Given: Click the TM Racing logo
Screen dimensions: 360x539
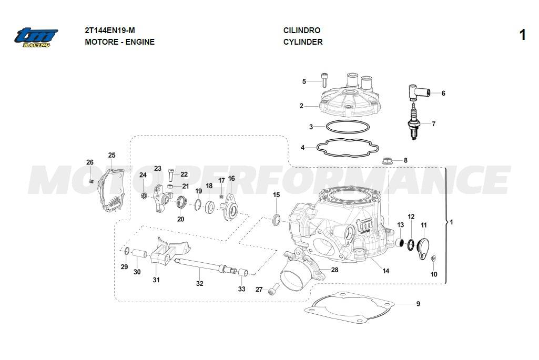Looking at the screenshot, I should pyautogui.click(x=36, y=37).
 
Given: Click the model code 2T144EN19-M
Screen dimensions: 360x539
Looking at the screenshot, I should pyautogui.click(x=113, y=30).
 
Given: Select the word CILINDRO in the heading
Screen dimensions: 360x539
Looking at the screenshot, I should pyautogui.click(x=301, y=30).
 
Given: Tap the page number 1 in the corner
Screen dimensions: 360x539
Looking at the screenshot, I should pyautogui.click(x=522, y=35).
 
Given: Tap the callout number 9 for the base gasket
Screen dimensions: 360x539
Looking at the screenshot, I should pyautogui.click(x=418, y=304).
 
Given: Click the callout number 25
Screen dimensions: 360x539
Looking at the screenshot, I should pyautogui.click(x=111, y=155).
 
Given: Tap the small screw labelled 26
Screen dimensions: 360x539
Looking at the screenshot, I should pyautogui.click(x=91, y=181).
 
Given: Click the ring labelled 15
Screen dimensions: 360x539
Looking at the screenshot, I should pyautogui.click(x=276, y=218).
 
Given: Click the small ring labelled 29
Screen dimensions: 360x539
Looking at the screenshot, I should pyautogui.click(x=127, y=249).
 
